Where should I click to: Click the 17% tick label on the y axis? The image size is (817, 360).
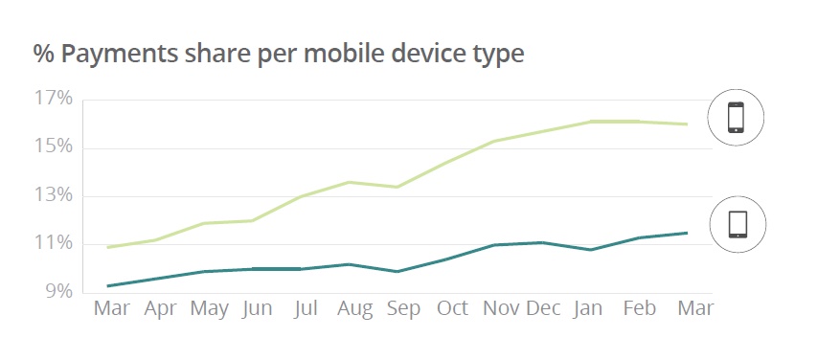pos(54,99)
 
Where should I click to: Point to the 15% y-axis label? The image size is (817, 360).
pos(54,146)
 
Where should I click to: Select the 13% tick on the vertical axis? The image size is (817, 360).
pos(54,195)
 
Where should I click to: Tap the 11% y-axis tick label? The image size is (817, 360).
pos(54,243)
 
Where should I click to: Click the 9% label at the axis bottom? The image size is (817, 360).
pos(57,291)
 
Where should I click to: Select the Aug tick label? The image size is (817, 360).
pos(354,308)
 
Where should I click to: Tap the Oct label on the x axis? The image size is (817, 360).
pos(452,308)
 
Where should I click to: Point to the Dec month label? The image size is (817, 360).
pos(543,308)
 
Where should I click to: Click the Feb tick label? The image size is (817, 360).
pos(638,308)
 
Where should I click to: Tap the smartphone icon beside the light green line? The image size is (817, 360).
pos(736,118)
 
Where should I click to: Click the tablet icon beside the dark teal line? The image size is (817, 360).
pos(737,224)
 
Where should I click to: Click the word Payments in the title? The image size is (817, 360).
pos(116,54)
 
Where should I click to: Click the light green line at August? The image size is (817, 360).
pos(354,182)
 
